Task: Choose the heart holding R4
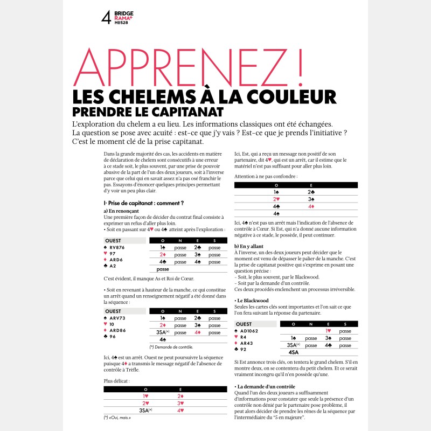243,337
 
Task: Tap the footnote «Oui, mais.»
118,418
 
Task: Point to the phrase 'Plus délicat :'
117,381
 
